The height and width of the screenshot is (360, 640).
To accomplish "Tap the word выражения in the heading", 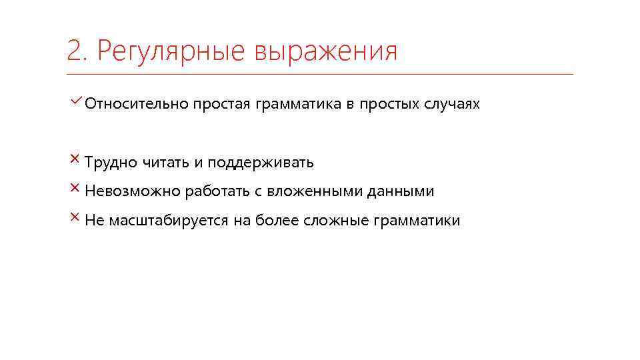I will pyautogui.click(x=326, y=52).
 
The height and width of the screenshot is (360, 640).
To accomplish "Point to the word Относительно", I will pyautogui.click(x=136, y=105).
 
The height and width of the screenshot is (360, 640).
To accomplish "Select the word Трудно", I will pyautogui.click(x=111, y=162).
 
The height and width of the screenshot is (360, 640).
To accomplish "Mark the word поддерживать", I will pyautogui.click(x=260, y=162).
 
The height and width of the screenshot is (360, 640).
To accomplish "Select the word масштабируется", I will pyautogui.click(x=167, y=221).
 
